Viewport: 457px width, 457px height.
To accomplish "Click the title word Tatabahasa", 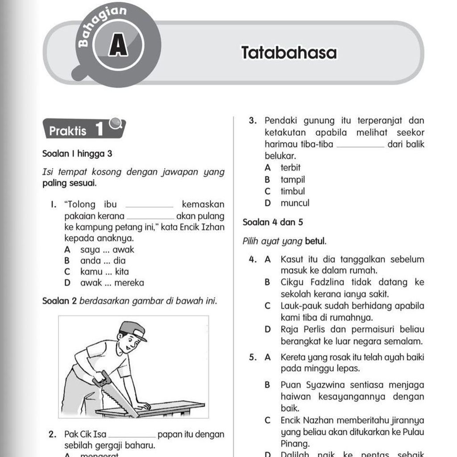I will point(289,53).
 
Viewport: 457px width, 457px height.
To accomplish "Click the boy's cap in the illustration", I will point(133,330).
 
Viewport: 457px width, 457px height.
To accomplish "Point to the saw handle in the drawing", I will point(102,379).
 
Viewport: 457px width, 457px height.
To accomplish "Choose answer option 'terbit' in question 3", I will point(291,168).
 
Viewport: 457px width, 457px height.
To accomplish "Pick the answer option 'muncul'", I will point(295,203).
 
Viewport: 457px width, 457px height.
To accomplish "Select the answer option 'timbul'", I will point(292,191).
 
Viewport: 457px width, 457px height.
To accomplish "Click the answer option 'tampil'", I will point(292,180).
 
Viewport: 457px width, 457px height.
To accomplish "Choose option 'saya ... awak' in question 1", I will point(107,249).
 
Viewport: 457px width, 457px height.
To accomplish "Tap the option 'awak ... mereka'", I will point(112,283).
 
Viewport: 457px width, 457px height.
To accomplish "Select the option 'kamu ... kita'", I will point(104,271).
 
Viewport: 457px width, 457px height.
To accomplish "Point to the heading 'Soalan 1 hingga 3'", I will point(77,154).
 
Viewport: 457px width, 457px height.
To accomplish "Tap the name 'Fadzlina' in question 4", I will point(324,283).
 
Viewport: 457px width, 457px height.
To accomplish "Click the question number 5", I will point(253,357).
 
